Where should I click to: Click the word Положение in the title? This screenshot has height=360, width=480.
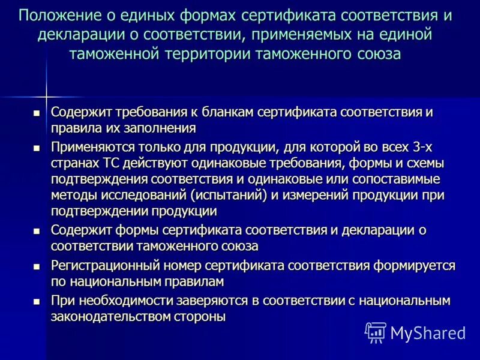[x=58, y=15]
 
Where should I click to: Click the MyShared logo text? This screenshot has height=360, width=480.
[x=428, y=332]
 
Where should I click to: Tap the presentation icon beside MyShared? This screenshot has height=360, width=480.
[x=376, y=332]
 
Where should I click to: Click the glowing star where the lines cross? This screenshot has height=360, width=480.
[x=46, y=95]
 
